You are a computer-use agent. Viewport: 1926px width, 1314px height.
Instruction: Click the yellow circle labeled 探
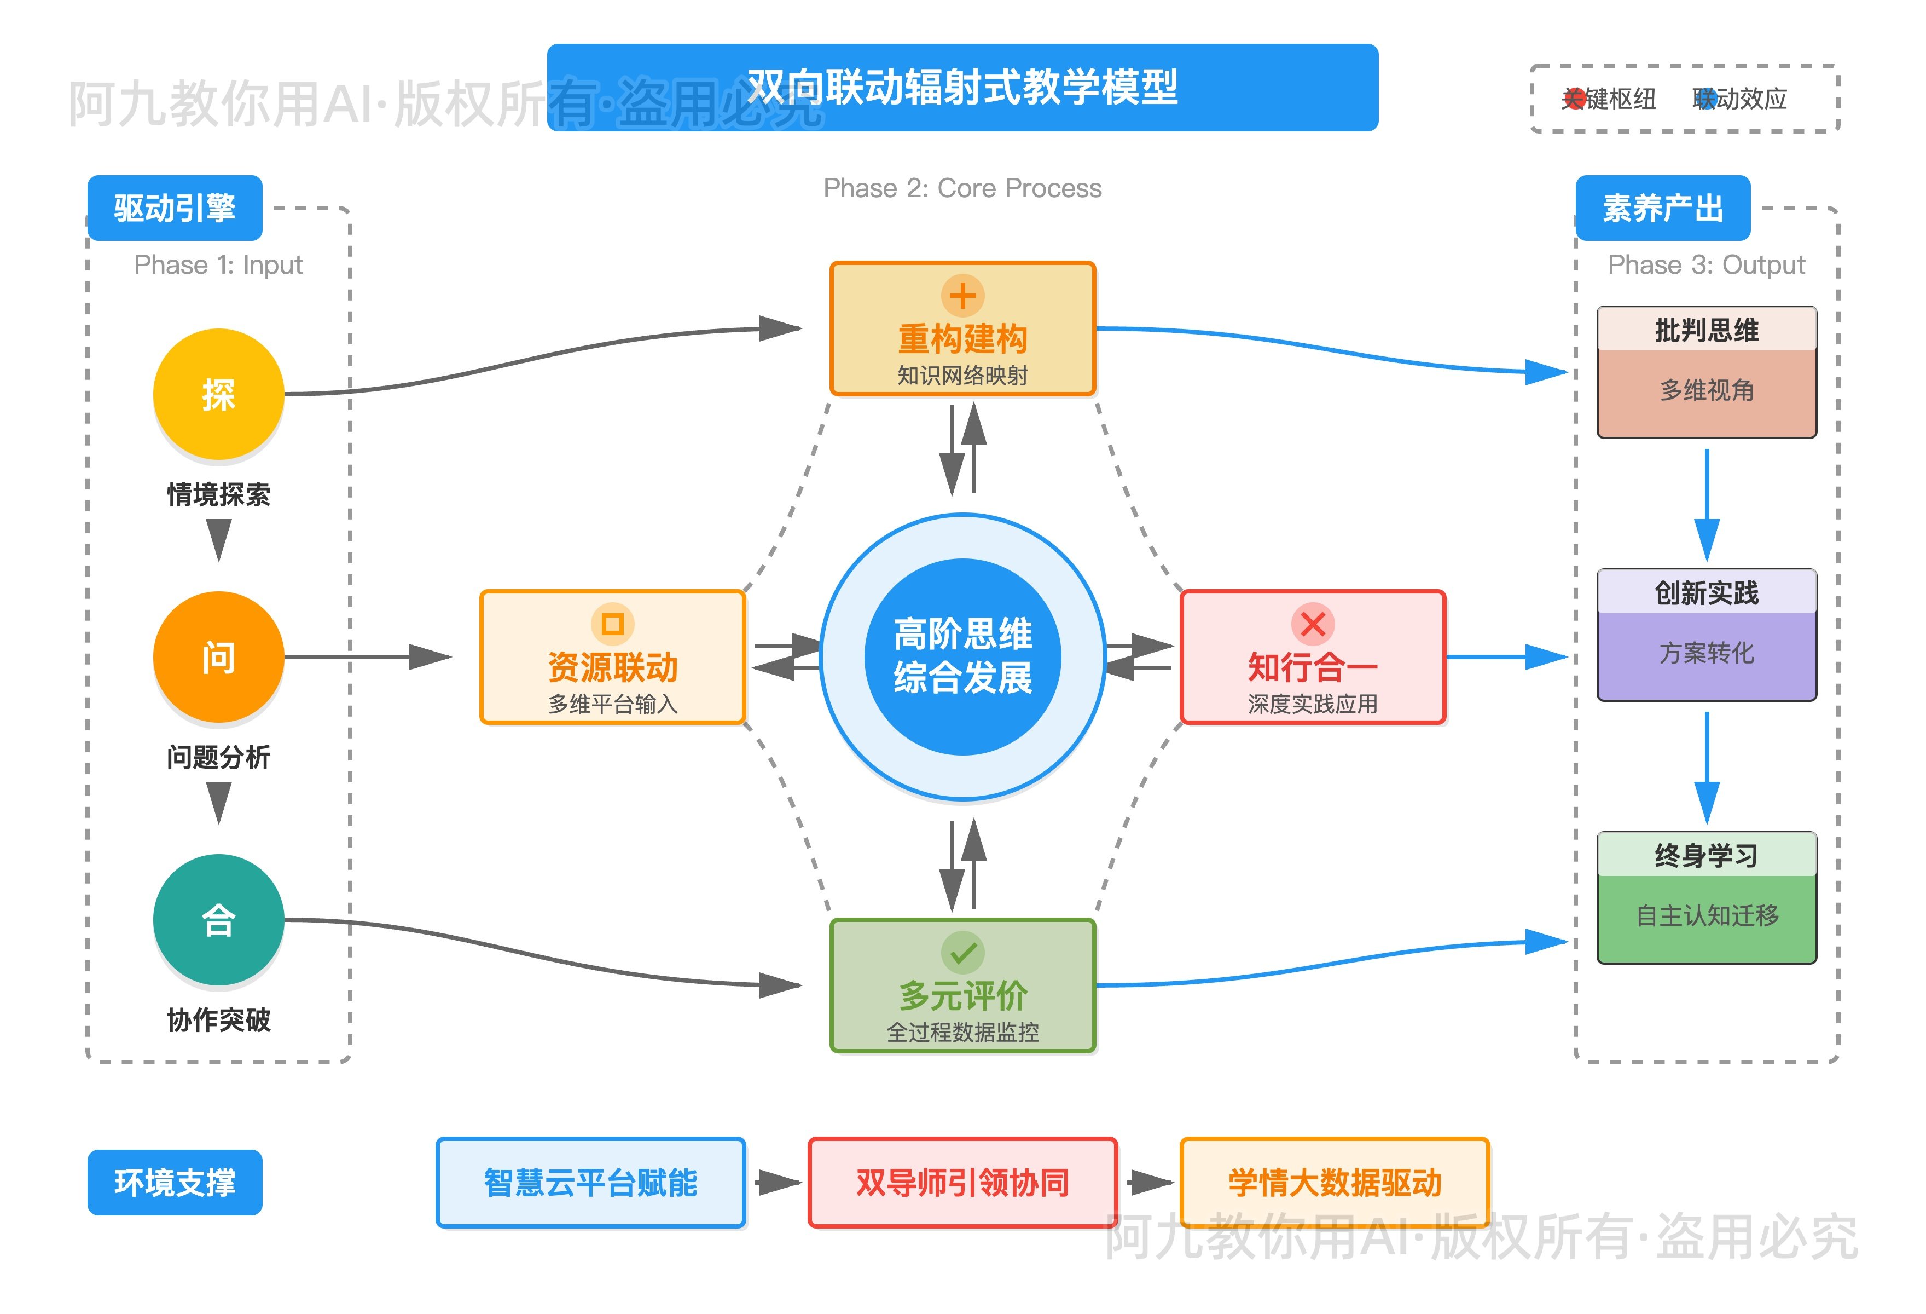tap(218, 394)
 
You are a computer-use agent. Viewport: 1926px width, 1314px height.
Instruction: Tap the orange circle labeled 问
tap(218, 656)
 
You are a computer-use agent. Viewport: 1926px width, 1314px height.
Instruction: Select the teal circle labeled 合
tap(218, 919)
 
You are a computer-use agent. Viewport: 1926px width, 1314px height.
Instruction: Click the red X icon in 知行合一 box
tap(1312, 624)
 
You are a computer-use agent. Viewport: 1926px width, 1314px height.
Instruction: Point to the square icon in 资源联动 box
tap(612, 624)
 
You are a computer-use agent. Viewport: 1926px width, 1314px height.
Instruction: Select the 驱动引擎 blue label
tap(175, 208)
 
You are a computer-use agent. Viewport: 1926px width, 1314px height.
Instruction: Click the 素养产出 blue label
tap(1662, 208)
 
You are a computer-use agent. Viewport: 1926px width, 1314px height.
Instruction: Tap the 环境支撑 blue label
tap(175, 1182)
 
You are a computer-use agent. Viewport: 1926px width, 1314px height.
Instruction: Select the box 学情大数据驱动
tap(1335, 1182)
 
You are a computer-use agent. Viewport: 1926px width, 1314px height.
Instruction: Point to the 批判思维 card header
tap(1707, 330)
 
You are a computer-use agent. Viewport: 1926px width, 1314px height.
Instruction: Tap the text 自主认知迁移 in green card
tap(1707, 915)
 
